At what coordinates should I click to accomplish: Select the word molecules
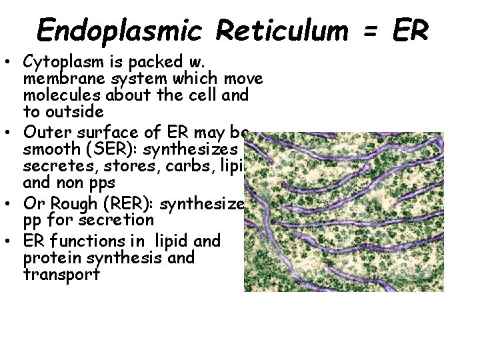click(55, 95)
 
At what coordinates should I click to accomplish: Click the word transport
click(61, 274)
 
